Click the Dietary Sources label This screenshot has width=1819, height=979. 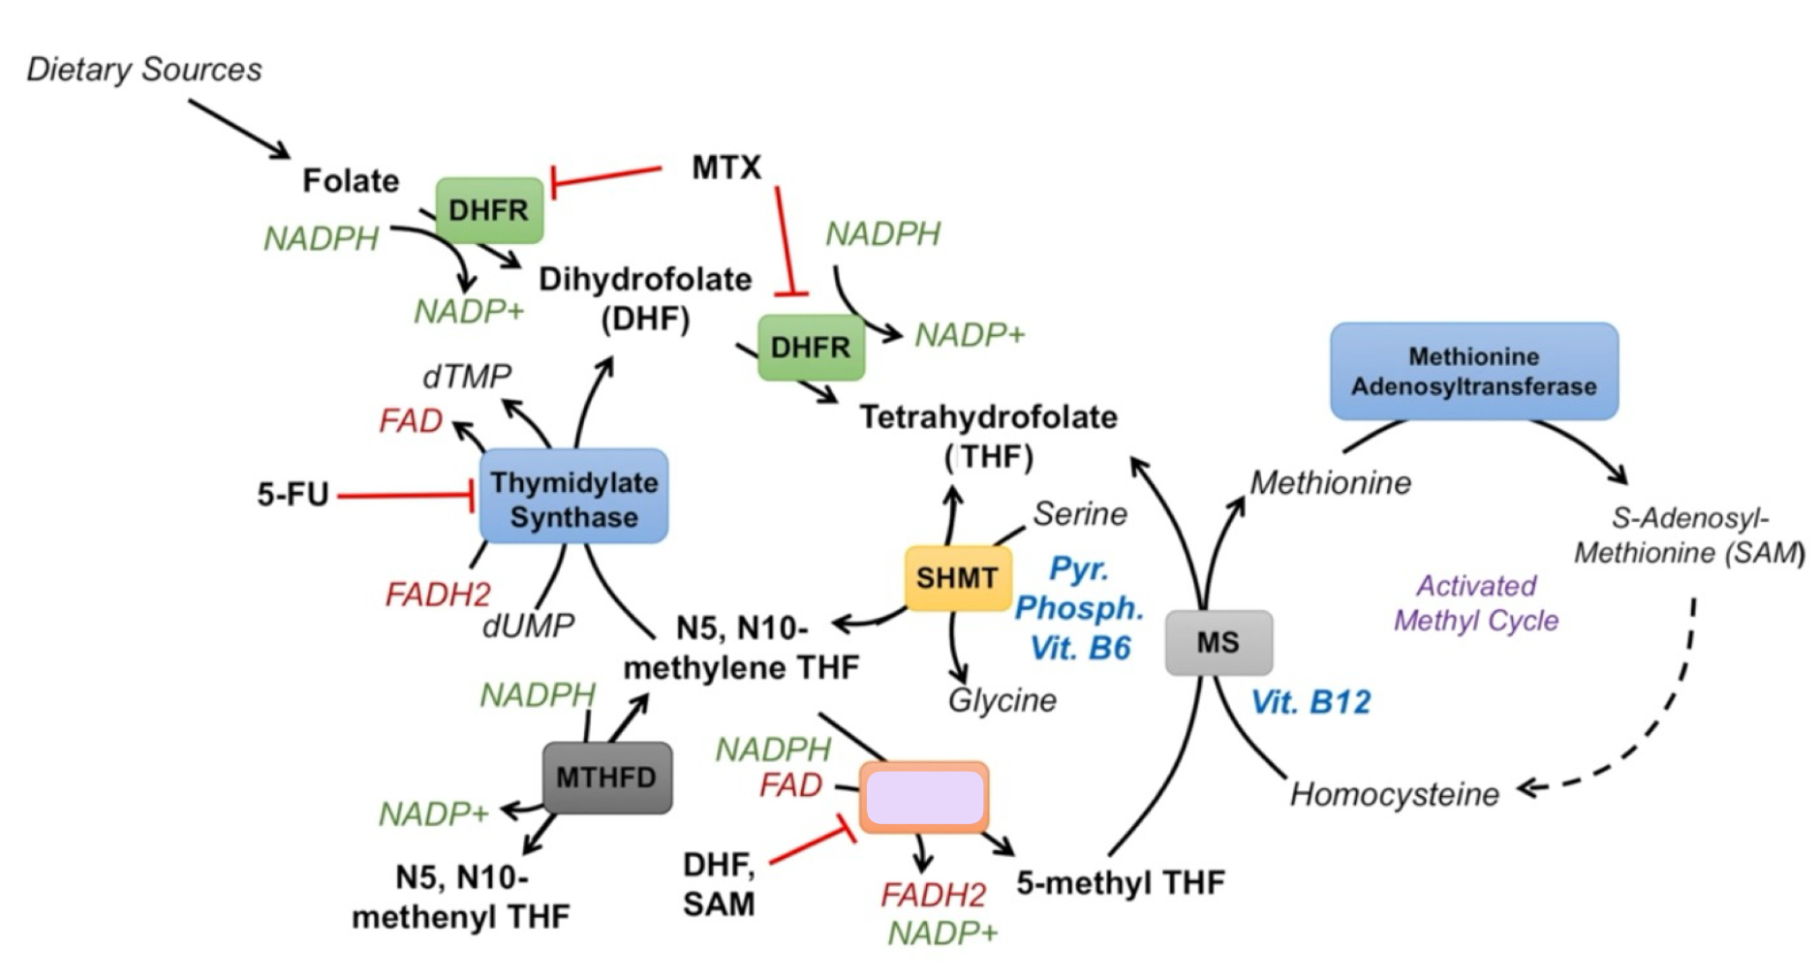point(144,70)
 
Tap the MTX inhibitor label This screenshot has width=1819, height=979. point(726,168)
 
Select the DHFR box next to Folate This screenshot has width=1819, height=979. point(489,210)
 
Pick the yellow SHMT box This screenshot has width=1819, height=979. point(957,578)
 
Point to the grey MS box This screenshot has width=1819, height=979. point(1218,642)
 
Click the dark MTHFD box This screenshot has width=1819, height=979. point(606,777)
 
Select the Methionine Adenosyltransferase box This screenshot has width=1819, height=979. point(1473,372)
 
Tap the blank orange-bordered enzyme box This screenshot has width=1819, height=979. point(925,798)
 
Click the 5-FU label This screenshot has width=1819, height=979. point(293,495)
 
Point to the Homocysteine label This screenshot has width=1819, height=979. point(1394,794)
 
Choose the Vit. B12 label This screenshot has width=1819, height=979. point(1310,702)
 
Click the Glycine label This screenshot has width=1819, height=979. point(1002,700)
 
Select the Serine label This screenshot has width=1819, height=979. point(1080,514)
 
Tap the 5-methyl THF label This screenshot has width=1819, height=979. point(1121,882)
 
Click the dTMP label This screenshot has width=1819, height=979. point(467,376)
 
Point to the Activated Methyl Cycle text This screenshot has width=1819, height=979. point(1476,603)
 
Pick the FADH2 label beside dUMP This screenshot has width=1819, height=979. point(438,595)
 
